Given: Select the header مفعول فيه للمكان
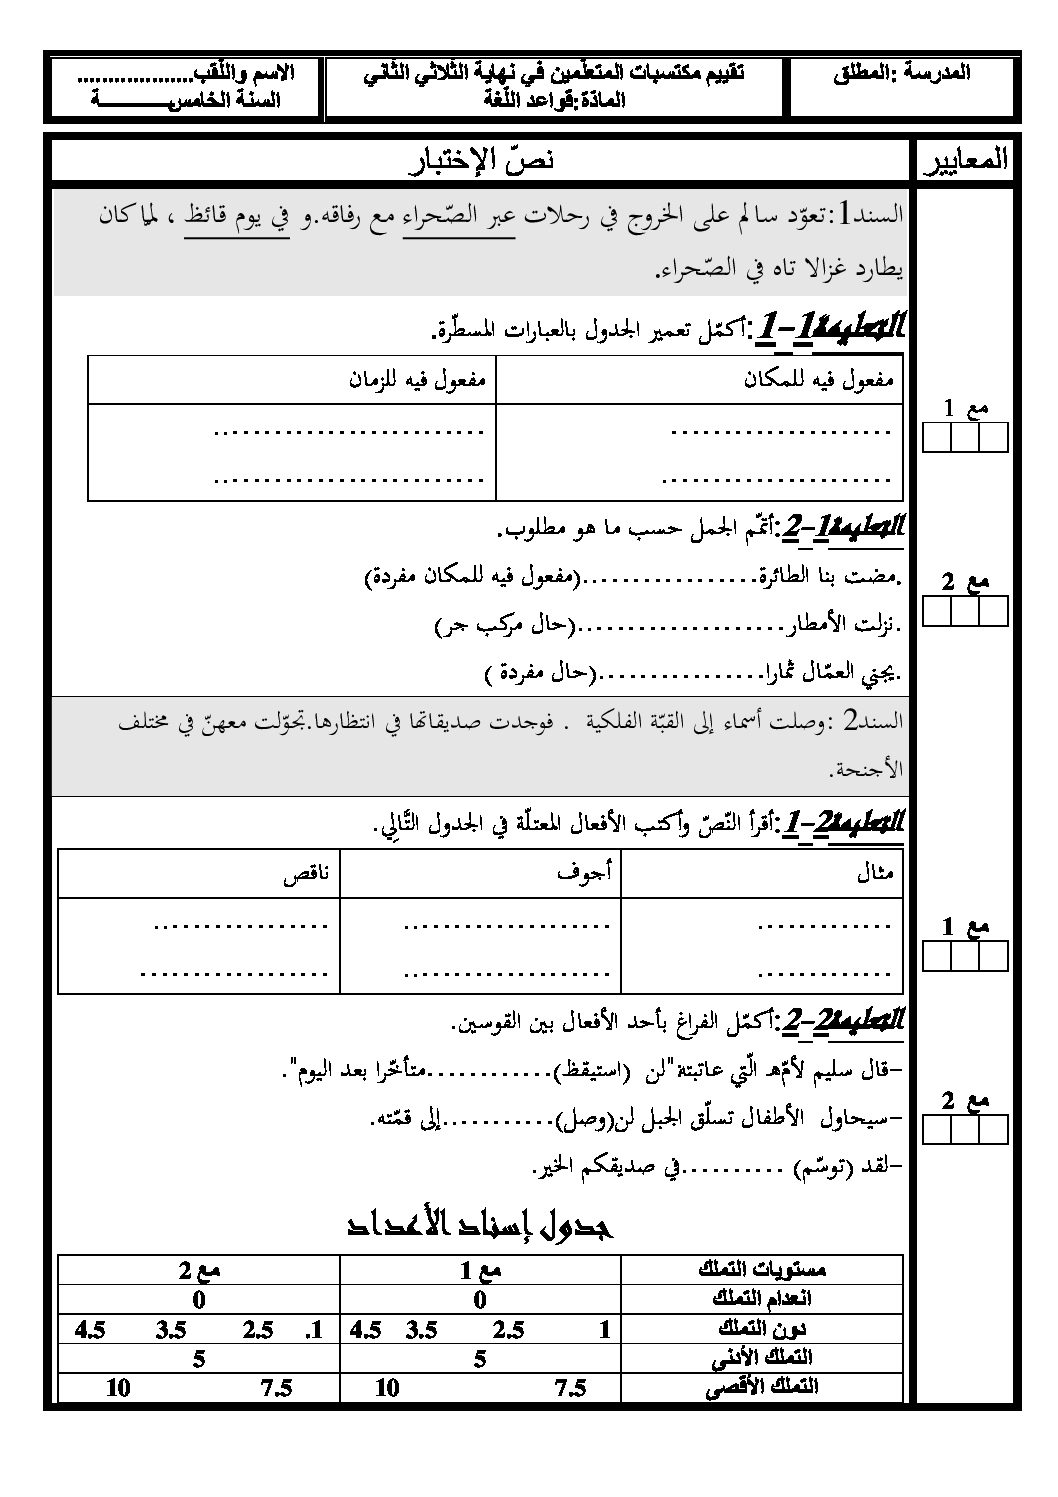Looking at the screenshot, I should click(x=819, y=380).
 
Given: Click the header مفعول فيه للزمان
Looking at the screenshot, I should click(x=417, y=380).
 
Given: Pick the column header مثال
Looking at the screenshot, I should click(x=875, y=873).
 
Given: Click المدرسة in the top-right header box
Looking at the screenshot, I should click(x=935, y=72).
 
